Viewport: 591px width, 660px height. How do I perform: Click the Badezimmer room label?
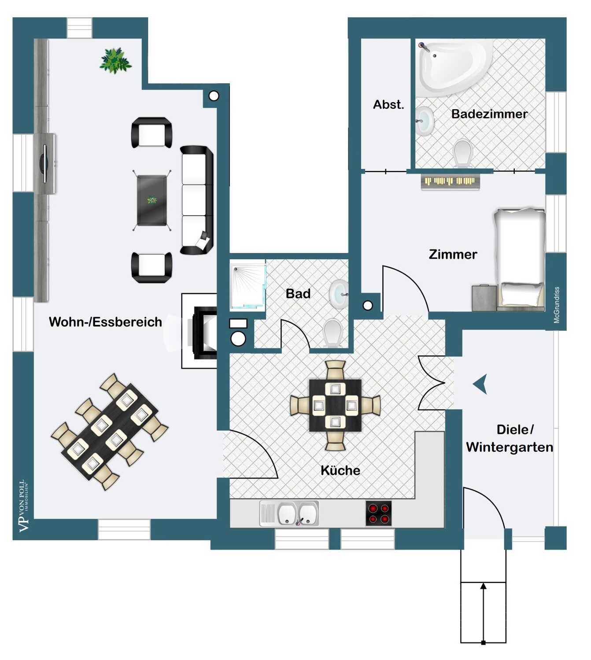tap(489, 114)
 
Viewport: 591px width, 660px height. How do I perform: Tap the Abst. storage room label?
tap(388, 105)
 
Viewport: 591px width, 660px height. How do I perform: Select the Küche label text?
tap(340, 470)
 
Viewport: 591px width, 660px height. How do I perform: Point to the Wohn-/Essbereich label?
tap(105, 322)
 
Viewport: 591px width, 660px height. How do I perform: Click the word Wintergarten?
tap(510, 447)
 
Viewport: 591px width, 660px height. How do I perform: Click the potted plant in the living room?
tap(115, 61)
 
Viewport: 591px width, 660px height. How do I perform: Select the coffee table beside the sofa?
tap(151, 200)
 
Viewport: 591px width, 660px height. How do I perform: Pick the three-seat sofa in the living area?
tap(197, 200)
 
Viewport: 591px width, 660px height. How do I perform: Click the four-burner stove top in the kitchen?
tap(379, 513)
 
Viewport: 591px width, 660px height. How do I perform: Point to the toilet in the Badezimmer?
tap(463, 153)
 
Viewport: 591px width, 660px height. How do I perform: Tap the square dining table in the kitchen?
tap(335, 405)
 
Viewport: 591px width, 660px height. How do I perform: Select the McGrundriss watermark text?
tap(556, 305)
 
